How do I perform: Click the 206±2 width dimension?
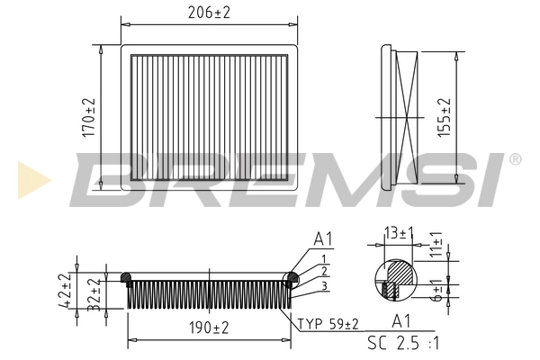pos(208,13)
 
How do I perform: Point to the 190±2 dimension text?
pos(208,328)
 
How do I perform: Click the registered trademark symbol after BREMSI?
pos(515,159)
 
